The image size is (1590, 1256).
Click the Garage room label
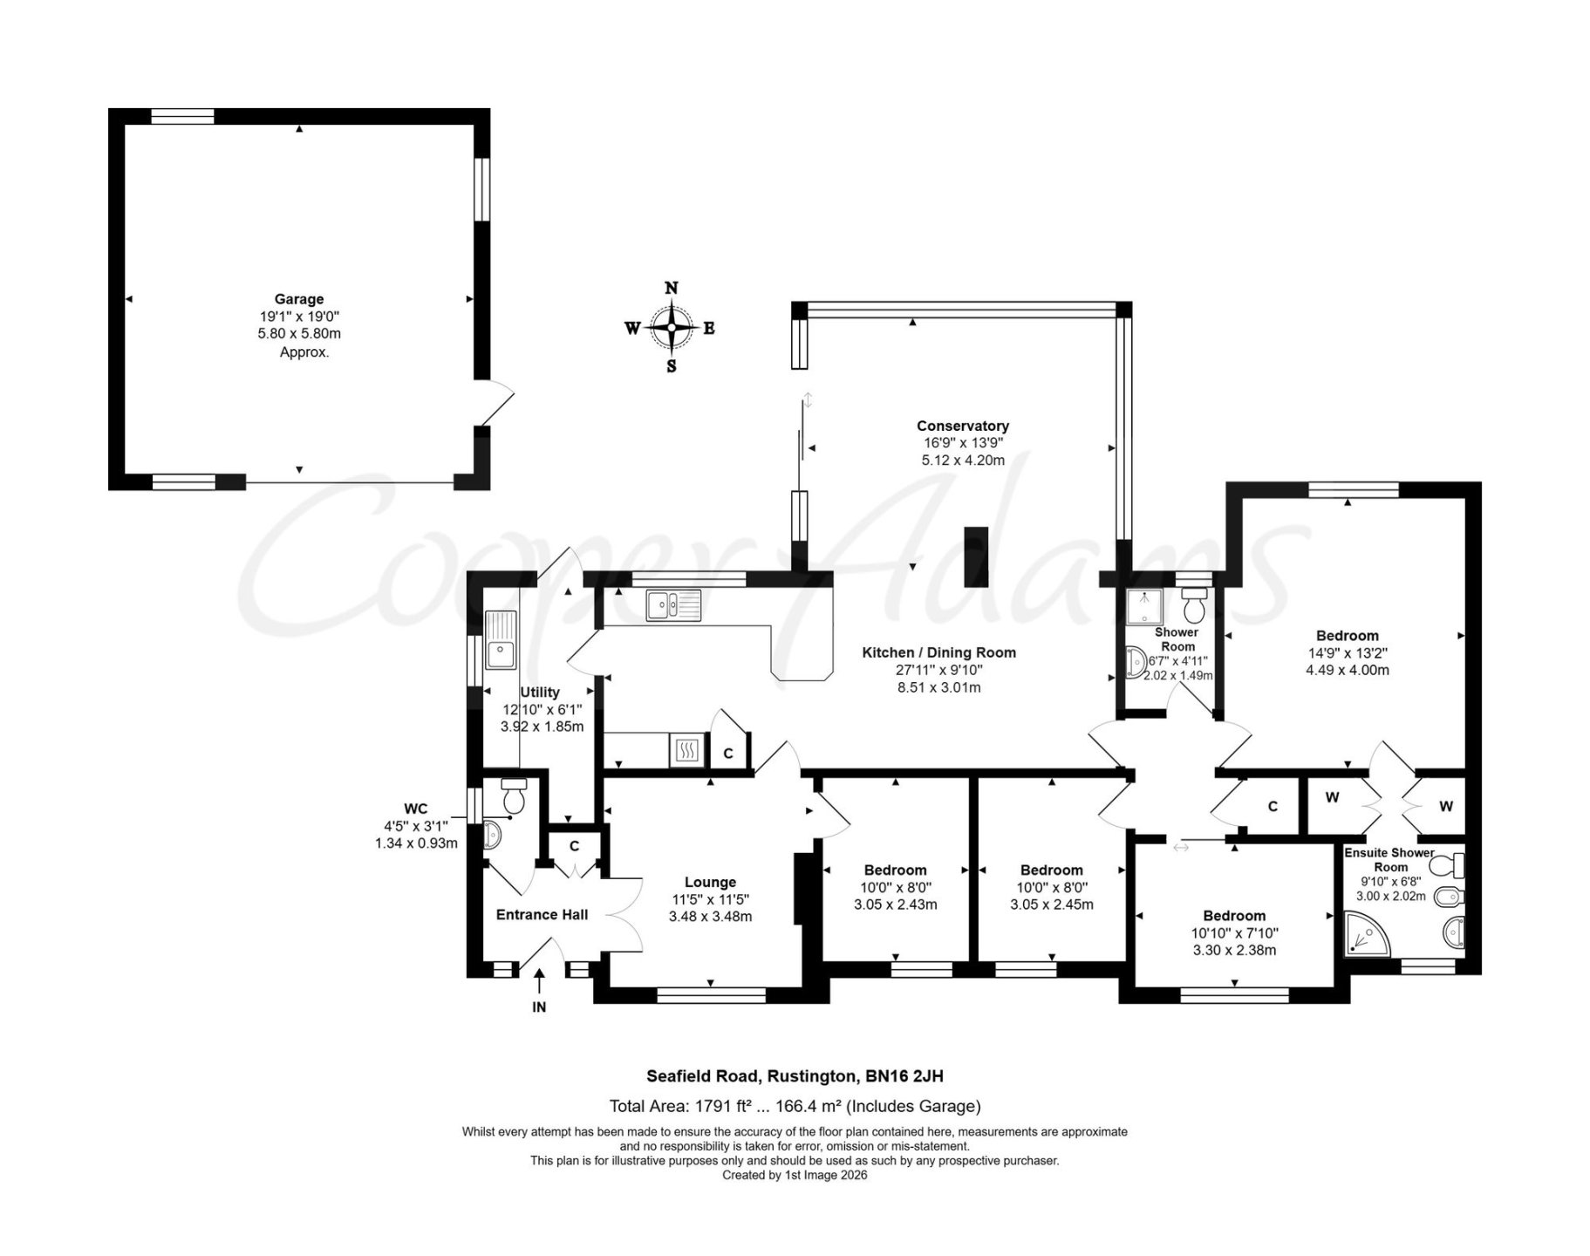tap(299, 299)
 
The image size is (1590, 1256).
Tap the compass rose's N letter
tap(672, 289)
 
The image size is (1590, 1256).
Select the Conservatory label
tap(962, 426)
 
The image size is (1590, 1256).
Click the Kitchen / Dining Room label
tap(938, 652)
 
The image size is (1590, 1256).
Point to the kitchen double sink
tap(673, 605)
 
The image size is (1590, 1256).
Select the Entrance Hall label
tap(542, 914)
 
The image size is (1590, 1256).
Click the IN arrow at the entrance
tap(539, 981)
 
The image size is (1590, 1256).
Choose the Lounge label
tap(710, 882)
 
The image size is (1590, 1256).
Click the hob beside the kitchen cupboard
tap(686, 750)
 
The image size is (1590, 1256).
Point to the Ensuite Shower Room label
tap(1389, 859)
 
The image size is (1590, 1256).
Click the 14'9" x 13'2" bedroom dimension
tap(1347, 652)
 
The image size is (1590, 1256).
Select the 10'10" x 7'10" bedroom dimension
tap(1234, 932)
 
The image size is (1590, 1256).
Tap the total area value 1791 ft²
tap(730, 1107)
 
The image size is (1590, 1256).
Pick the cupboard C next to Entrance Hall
tap(575, 846)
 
